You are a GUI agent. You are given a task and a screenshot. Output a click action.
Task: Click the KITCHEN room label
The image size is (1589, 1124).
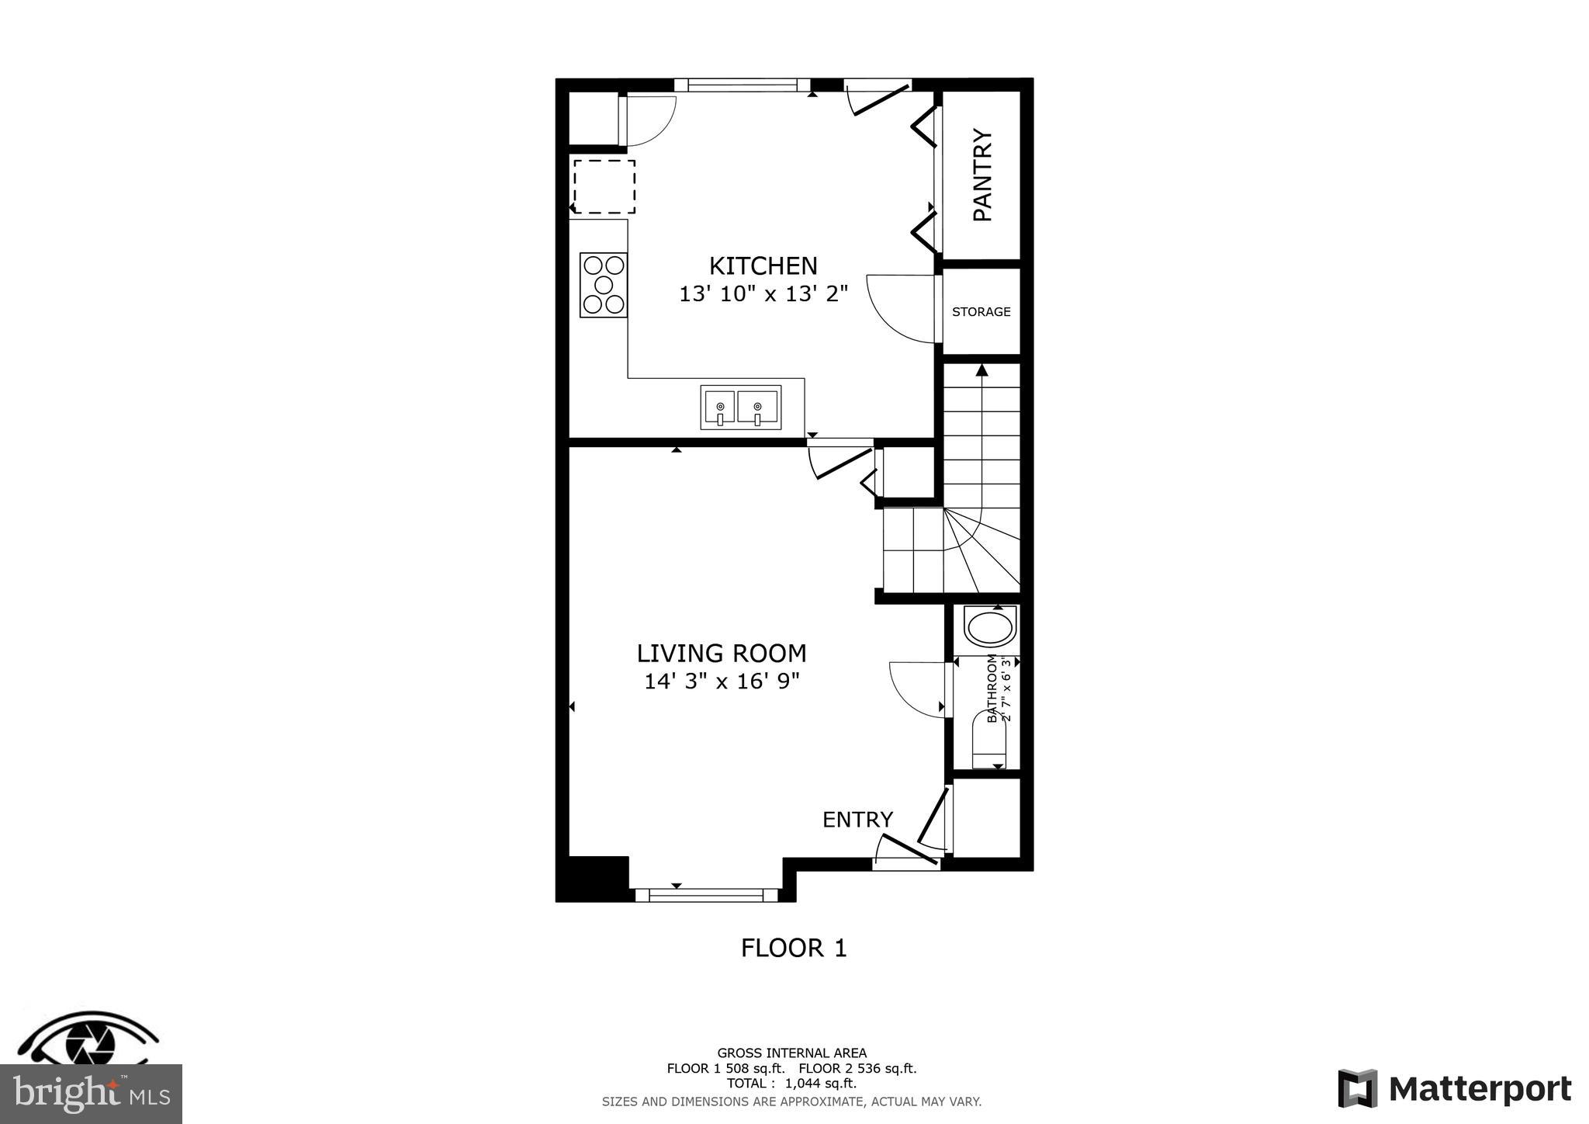[763, 266]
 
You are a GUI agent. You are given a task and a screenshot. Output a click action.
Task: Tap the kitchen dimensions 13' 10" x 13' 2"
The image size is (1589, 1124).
[763, 294]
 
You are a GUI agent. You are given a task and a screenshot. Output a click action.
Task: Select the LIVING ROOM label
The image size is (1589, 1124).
[721, 654]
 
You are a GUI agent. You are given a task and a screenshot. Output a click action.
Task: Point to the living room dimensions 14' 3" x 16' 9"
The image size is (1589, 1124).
[721, 682]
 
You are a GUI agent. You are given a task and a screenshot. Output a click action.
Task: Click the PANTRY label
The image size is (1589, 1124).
[982, 175]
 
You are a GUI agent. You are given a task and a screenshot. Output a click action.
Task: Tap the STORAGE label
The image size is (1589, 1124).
[981, 312]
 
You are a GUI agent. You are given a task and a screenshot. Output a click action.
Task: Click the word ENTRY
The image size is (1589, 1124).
[857, 820]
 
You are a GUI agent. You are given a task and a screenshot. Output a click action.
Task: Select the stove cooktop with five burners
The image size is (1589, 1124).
[604, 285]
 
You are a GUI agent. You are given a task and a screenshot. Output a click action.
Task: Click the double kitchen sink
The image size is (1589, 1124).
[740, 408]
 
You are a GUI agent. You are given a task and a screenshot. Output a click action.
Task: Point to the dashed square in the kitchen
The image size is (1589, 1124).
[604, 187]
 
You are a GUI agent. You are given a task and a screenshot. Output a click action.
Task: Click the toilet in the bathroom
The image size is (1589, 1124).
[988, 741]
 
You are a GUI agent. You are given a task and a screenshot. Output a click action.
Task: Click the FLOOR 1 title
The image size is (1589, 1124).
[793, 949]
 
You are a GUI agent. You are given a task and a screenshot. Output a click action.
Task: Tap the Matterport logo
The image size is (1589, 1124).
[1454, 1088]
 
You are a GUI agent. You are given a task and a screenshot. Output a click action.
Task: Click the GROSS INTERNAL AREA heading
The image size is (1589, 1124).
[791, 1053]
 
